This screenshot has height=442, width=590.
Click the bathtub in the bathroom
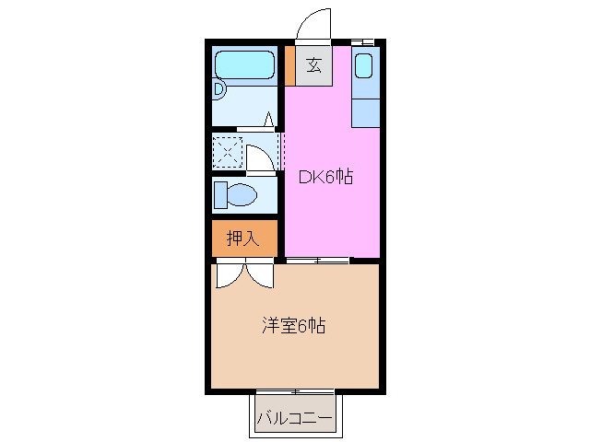coord(244,65)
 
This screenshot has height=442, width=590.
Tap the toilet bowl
coord(242,194)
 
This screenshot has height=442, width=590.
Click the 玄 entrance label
coord(313,65)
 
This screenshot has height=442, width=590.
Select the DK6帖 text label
coord(326,177)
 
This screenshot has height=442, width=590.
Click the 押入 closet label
coord(243,238)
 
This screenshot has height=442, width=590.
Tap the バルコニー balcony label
coord(294,417)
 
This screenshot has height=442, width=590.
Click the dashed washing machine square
coord(227,151)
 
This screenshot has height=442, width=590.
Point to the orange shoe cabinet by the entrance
coord(289,65)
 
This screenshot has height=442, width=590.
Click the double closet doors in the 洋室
coord(244,274)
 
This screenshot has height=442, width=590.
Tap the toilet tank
coord(220,194)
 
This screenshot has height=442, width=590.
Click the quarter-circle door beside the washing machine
coord(260,157)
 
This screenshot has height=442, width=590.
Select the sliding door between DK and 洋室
coord(318,262)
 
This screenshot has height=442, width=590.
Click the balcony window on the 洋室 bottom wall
coord(295,391)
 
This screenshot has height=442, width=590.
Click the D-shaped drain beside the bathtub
coord(219,89)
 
